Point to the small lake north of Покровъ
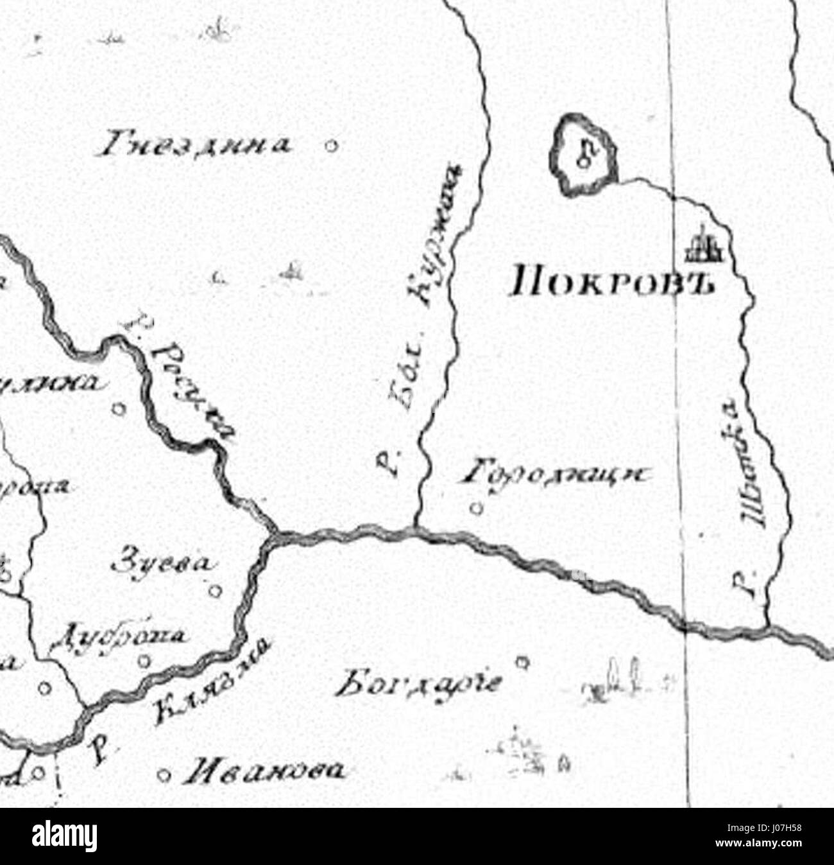(x=583, y=154)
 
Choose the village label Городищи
(x=556, y=475)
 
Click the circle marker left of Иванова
(x=164, y=774)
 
